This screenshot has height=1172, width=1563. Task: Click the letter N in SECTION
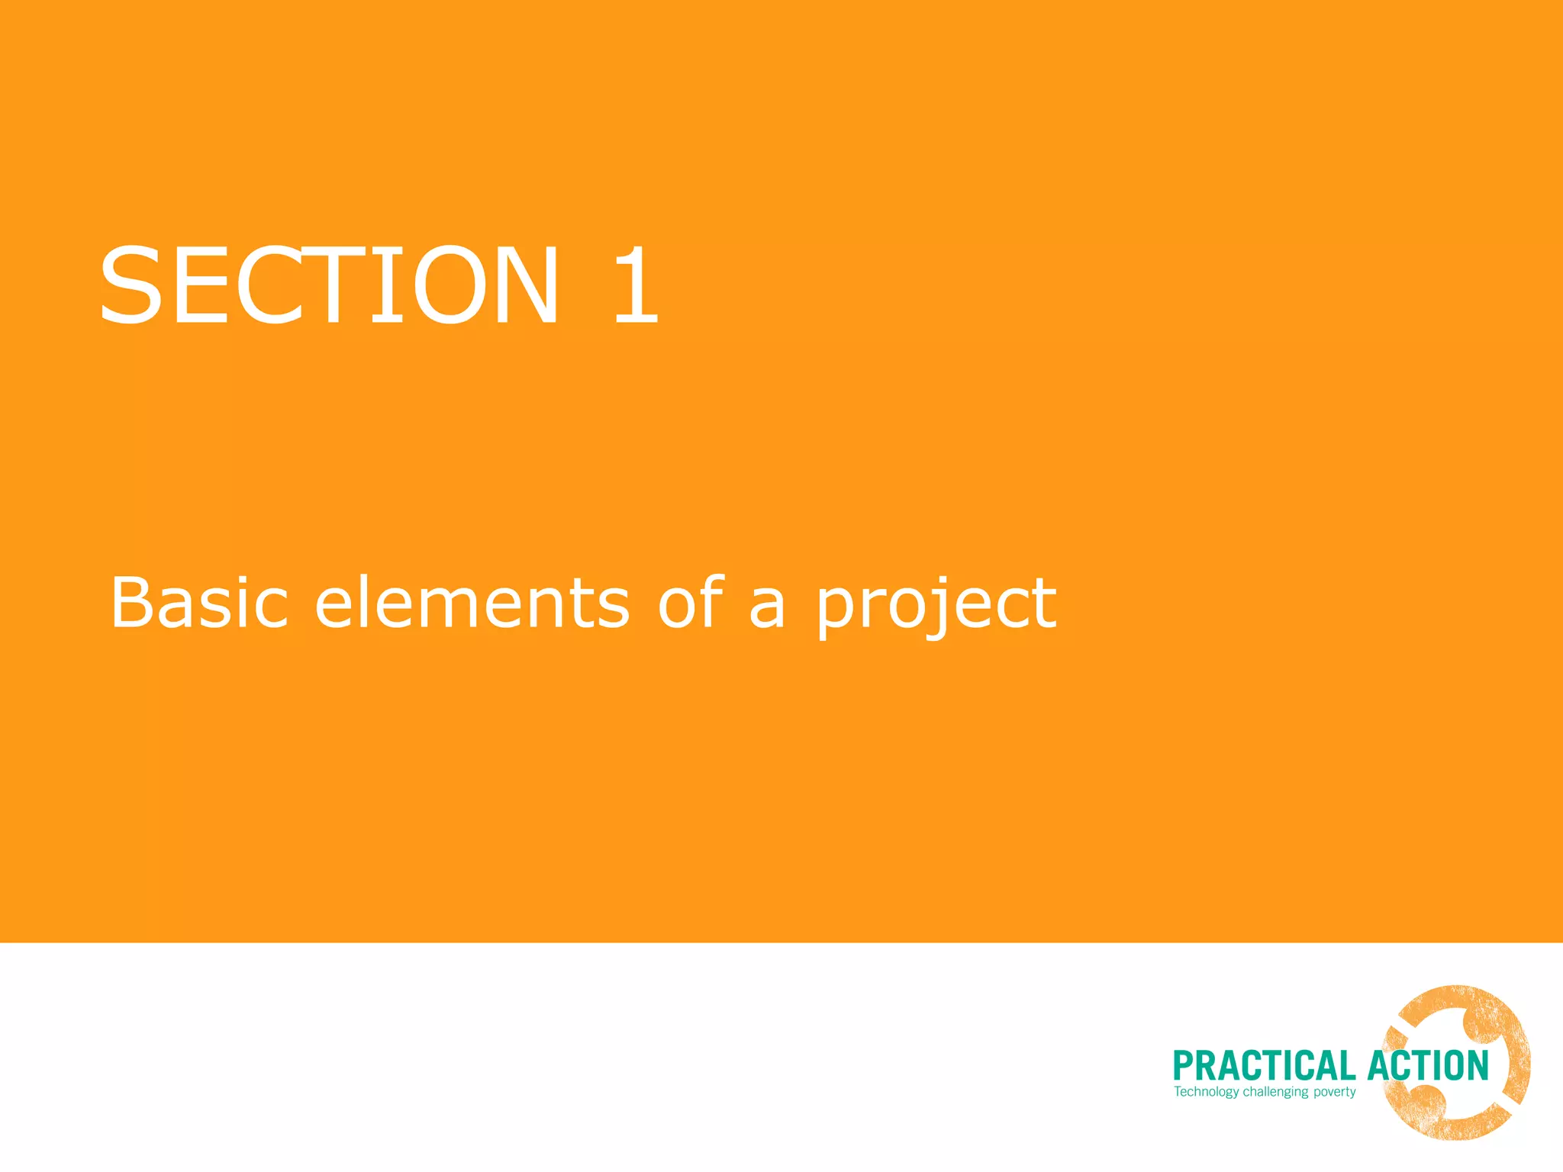(x=522, y=285)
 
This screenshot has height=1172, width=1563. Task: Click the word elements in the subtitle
(x=472, y=603)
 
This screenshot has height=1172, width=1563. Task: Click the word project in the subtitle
(x=937, y=607)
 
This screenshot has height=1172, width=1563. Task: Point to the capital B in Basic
(x=133, y=602)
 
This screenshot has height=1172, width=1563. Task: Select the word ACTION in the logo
(x=1428, y=1066)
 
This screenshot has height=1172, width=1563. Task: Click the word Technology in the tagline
(x=1207, y=1092)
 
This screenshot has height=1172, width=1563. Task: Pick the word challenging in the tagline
(x=1275, y=1093)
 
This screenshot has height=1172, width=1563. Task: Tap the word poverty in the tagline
(x=1334, y=1093)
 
